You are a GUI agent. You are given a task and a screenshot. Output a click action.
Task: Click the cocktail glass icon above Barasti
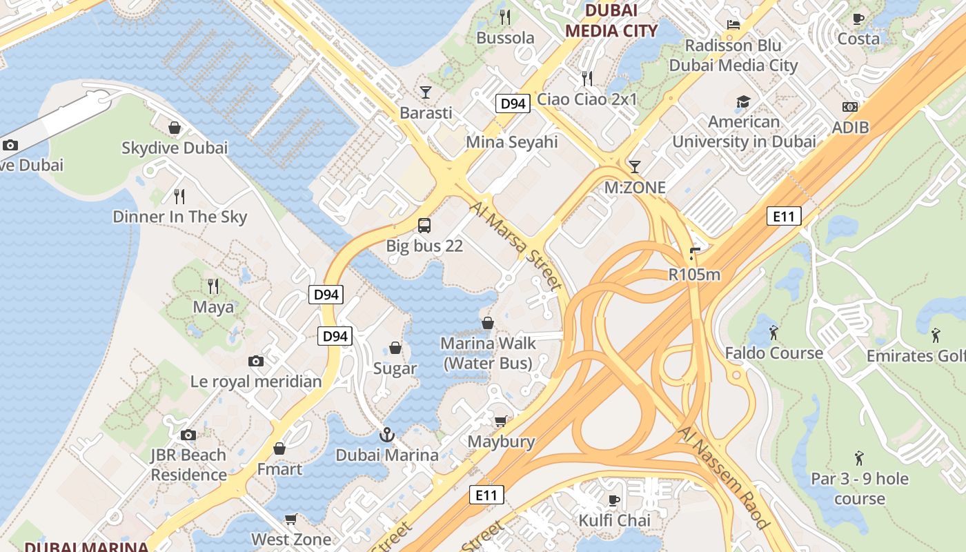(426, 92)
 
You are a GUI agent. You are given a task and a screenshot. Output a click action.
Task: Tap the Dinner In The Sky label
(179, 217)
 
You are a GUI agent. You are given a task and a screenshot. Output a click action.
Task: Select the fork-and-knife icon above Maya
(213, 286)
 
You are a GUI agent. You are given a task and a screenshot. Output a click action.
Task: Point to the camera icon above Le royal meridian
(256, 361)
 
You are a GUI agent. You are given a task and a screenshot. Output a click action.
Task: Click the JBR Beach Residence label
(188, 465)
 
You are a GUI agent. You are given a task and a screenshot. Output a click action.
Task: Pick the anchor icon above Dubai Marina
(387, 435)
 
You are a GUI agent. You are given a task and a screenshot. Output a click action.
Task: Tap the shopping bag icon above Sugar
(395, 347)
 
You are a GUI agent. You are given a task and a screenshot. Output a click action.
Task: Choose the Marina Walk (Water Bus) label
(487, 353)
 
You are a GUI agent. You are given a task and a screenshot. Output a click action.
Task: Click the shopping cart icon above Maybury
(501, 421)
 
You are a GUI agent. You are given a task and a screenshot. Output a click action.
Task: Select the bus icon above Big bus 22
(424, 225)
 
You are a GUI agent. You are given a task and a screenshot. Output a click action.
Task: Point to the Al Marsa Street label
(515, 246)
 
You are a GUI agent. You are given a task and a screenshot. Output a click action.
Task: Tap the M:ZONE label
(635, 188)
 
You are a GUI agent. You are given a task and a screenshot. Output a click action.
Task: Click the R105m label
(694, 275)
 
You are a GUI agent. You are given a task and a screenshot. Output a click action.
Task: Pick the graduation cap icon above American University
(743, 102)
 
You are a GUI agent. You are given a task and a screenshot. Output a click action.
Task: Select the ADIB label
(850, 128)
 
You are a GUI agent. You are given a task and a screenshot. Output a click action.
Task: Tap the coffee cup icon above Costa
(858, 19)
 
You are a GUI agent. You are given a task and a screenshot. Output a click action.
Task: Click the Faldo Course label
(773, 353)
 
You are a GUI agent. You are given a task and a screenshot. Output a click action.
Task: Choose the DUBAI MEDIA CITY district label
(611, 21)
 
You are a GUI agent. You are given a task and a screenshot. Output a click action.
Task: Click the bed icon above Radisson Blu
(733, 25)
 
